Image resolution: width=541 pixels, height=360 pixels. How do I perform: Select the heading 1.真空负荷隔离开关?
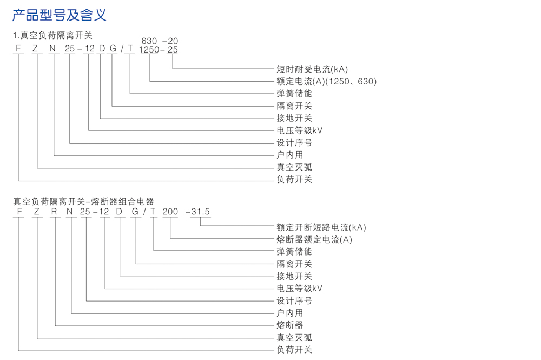(x=53, y=36)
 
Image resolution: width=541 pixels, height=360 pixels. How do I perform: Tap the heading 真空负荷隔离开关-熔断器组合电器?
(x=84, y=201)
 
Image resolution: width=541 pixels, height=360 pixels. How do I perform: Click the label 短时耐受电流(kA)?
(x=312, y=69)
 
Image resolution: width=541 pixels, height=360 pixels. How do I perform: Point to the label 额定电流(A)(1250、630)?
(x=326, y=81)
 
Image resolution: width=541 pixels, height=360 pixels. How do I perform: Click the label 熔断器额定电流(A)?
(x=314, y=240)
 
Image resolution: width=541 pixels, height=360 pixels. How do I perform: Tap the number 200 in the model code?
(x=170, y=212)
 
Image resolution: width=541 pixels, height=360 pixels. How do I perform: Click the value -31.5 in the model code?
(x=198, y=212)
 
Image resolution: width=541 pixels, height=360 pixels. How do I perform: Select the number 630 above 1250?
(x=149, y=41)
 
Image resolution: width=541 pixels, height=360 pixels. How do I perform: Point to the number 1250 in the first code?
(x=149, y=49)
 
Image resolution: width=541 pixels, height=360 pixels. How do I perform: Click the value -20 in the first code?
(x=170, y=41)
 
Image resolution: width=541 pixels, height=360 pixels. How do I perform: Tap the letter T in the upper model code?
(x=130, y=49)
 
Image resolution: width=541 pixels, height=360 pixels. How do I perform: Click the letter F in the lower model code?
(x=19, y=212)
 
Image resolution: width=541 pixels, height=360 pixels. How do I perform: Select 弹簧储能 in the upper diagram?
(x=294, y=94)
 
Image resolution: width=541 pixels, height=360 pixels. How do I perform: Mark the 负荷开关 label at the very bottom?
(x=294, y=350)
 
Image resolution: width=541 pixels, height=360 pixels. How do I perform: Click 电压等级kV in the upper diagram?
(x=299, y=130)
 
